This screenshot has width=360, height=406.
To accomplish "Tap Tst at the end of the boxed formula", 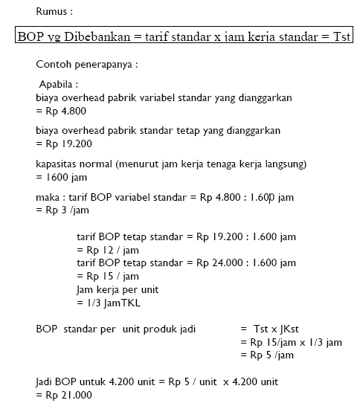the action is point(341,37).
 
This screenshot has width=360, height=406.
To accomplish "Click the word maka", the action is point(48,197).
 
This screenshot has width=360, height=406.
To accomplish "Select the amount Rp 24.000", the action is point(222,262).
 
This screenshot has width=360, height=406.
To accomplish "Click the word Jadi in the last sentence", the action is point(46,381).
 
